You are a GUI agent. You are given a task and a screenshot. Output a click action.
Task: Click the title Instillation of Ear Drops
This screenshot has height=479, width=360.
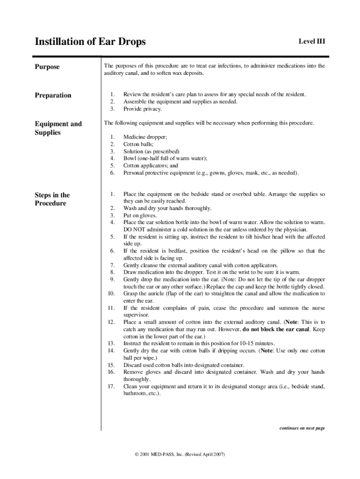[x=90, y=42]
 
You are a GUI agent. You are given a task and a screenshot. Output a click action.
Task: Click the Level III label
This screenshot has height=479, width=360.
[x=311, y=42]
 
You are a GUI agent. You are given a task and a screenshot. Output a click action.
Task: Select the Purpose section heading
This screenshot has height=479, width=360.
[x=47, y=67]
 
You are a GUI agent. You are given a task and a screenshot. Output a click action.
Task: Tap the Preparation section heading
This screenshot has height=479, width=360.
[x=53, y=95]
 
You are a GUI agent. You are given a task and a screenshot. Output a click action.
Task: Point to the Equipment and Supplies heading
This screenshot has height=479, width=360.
[x=58, y=128]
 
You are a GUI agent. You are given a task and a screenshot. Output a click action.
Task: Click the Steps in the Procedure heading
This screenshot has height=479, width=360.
[x=52, y=199]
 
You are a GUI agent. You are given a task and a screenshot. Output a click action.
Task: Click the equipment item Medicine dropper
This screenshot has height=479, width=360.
[x=145, y=137]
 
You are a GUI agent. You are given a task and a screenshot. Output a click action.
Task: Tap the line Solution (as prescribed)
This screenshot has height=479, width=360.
[x=151, y=152]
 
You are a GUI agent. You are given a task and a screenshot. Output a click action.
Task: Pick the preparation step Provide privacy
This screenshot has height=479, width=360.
[x=143, y=109]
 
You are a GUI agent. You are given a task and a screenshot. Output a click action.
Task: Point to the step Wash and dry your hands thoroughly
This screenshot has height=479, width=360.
[x=167, y=208]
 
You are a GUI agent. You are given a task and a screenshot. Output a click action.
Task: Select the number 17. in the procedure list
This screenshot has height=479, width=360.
[x=111, y=386]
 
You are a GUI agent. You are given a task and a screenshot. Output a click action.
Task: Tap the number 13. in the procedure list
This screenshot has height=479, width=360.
[x=111, y=343]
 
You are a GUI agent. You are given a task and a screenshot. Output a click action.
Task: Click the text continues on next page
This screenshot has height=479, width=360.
[x=302, y=428]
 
